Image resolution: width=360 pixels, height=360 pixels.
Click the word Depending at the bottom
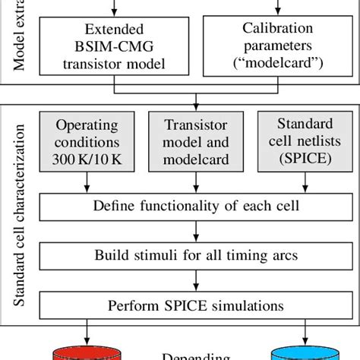tap(197, 354)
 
